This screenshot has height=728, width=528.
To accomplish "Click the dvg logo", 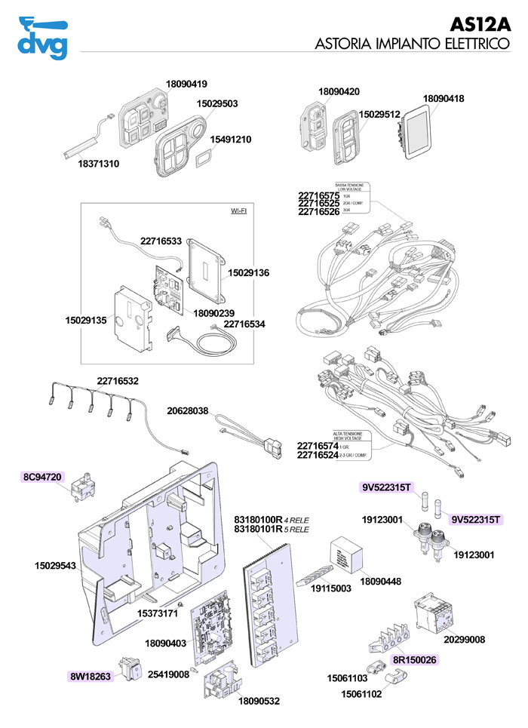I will point(42,37).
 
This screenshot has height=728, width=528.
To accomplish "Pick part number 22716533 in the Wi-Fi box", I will point(161,241).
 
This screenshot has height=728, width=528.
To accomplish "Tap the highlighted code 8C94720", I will point(44,477).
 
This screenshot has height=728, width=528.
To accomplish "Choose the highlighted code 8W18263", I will point(91,676).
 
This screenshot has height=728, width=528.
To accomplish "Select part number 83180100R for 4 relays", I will point(258,520).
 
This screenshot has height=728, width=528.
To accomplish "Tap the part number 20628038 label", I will point(187,411).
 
